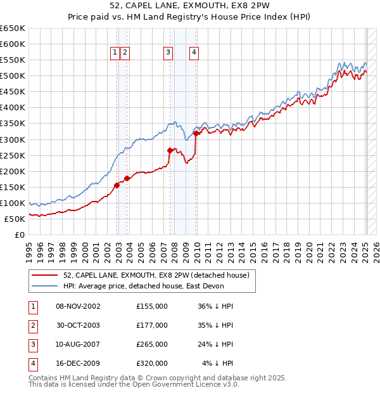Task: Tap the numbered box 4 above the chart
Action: [x=194, y=53]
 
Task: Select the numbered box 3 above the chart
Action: [x=168, y=53]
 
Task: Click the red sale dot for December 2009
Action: [x=196, y=133]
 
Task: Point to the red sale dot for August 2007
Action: [x=170, y=150]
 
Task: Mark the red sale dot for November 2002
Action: [x=117, y=185]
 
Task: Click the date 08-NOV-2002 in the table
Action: [x=79, y=306]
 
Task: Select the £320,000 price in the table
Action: [x=152, y=363]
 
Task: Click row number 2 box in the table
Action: [x=32, y=325]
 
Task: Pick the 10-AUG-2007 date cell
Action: [x=79, y=344]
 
